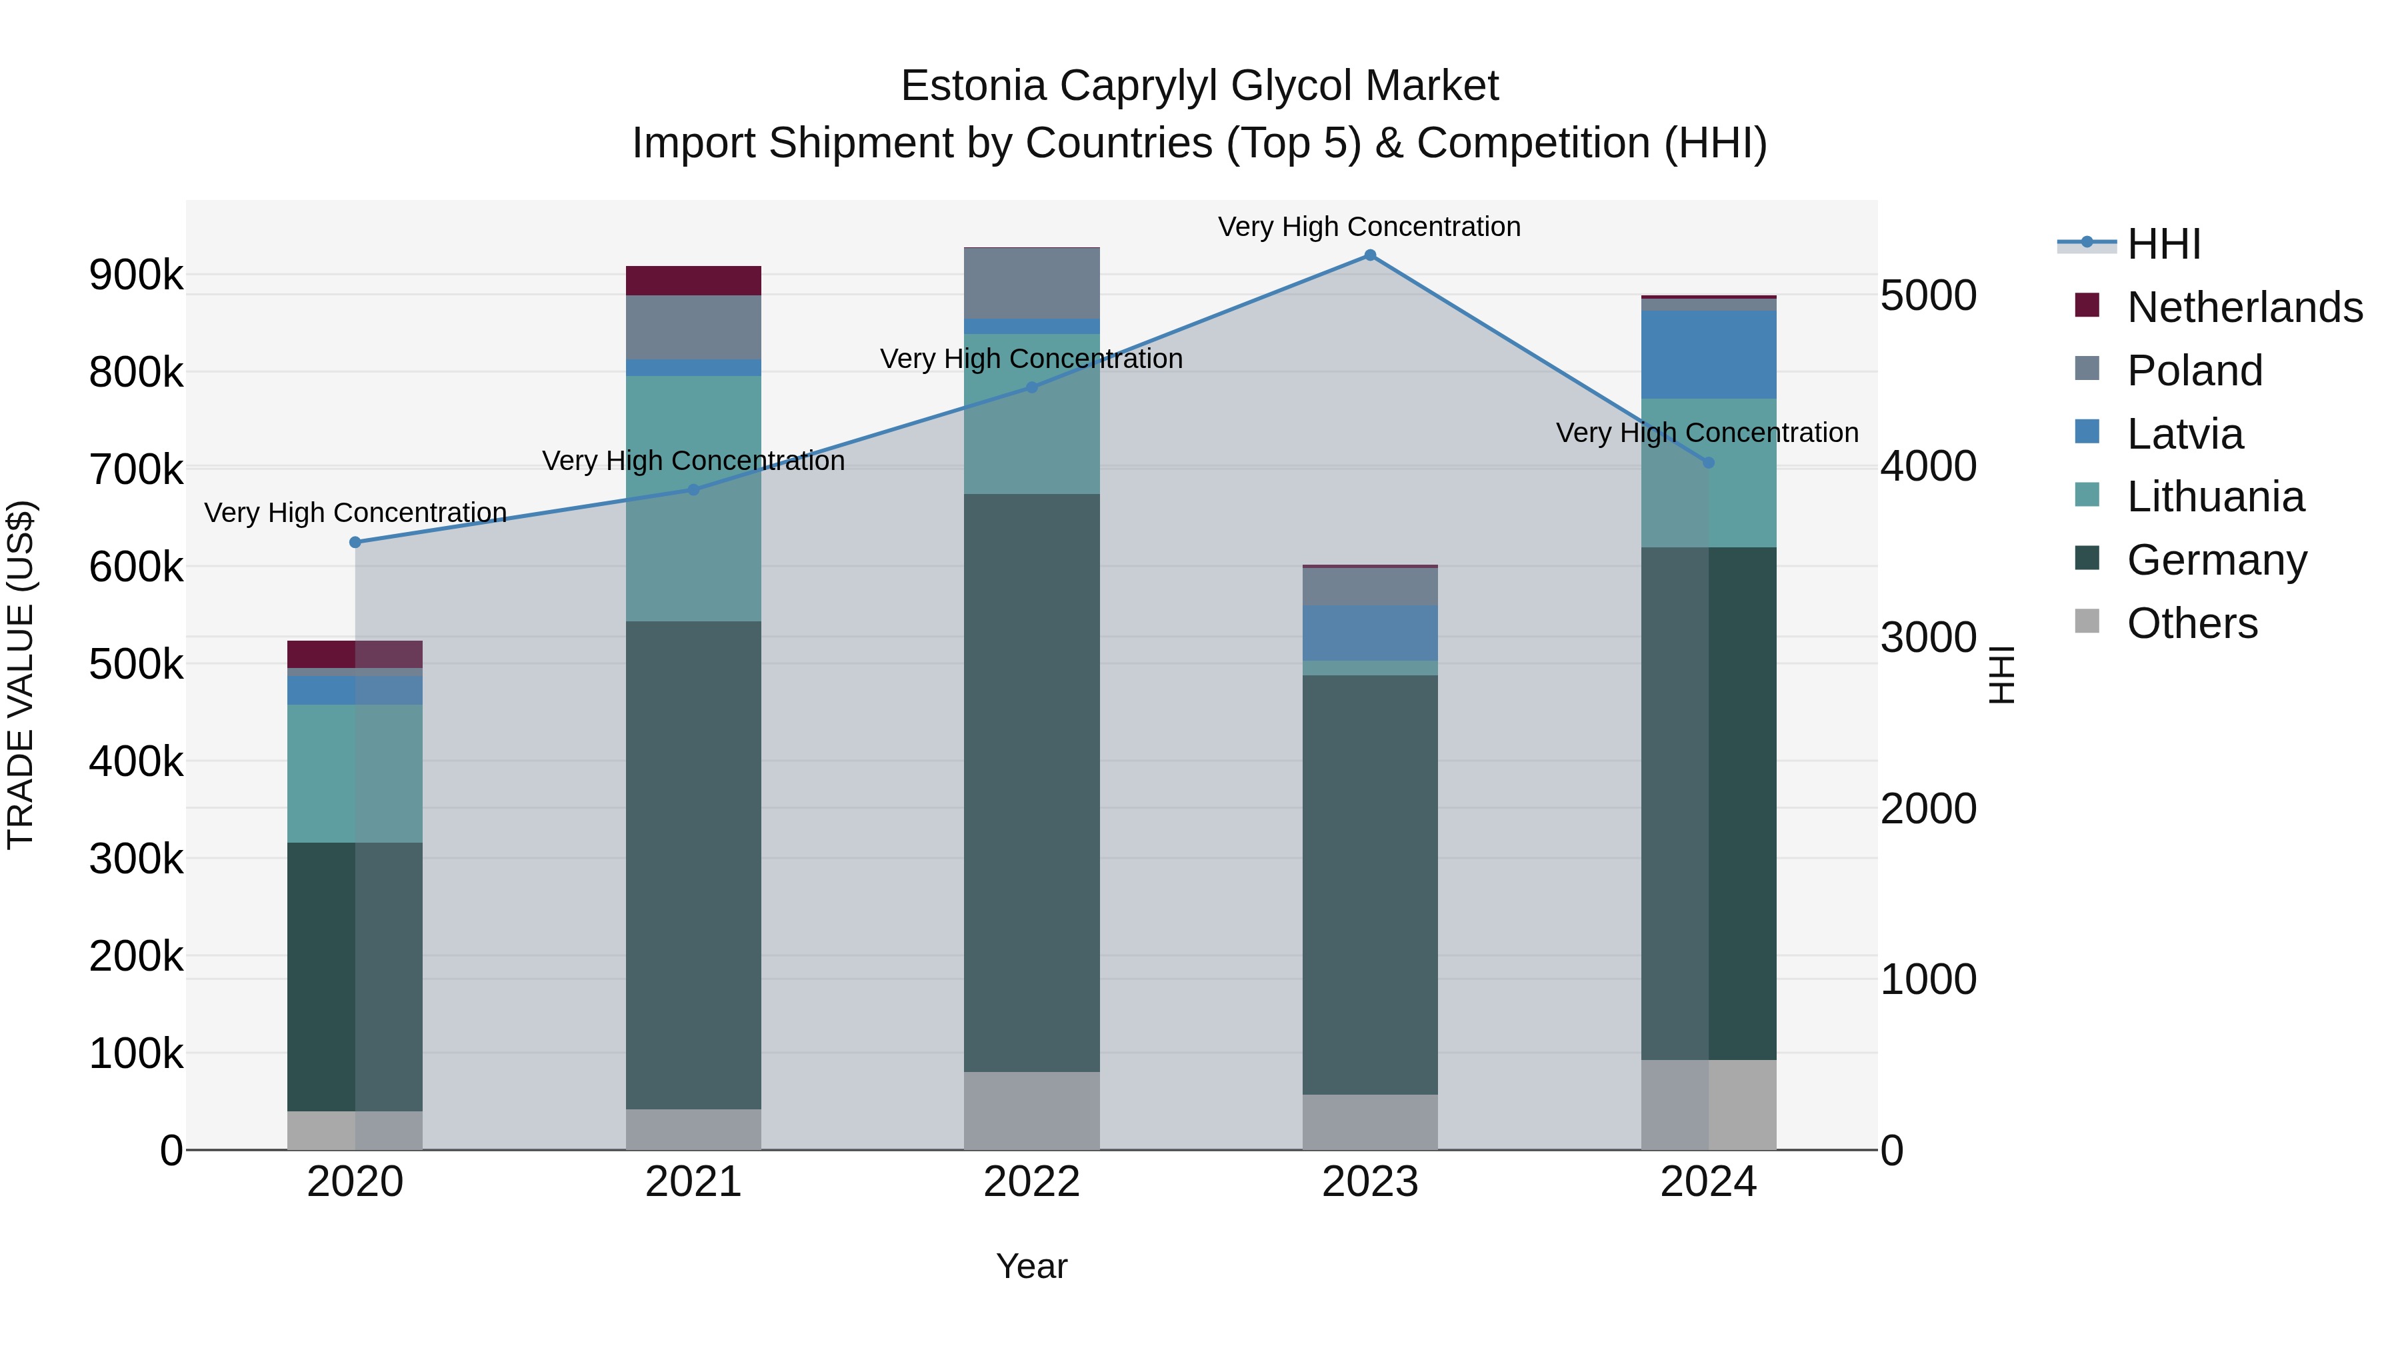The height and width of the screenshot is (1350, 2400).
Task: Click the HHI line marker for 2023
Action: click(1369, 255)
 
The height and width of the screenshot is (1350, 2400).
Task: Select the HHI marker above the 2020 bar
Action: click(355, 542)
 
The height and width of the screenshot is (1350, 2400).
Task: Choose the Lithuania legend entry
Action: click(2215, 497)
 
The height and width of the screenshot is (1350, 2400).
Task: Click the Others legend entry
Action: click(2191, 623)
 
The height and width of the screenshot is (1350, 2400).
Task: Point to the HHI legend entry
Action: click(2163, 244)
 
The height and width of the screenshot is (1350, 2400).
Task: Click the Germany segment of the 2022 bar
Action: click(1031, 783)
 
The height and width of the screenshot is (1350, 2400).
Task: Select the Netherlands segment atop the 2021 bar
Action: click(693, 281)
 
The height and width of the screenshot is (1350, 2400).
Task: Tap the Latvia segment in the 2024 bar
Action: click(1708, 355)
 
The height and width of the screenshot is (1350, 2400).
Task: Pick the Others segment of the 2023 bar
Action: click(1369, 1122)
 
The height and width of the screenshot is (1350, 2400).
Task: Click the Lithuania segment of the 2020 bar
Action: click(355, 773)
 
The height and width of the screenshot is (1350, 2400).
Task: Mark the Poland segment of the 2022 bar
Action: click(1031, 283)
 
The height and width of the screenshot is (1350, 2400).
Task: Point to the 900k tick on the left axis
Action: click(136, 276)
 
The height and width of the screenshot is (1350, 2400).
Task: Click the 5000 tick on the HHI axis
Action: click(1927, 295)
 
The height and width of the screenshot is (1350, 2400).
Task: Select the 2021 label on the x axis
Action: click(693, 1182)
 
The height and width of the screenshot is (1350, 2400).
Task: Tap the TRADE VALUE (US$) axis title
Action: click(21, 675)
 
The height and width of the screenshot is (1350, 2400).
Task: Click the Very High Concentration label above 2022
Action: click(1031, 359)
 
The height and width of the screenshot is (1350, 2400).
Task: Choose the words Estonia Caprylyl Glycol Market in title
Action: click(1199, 86)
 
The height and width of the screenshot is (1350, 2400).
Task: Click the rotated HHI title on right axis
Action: click(2002, 675)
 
